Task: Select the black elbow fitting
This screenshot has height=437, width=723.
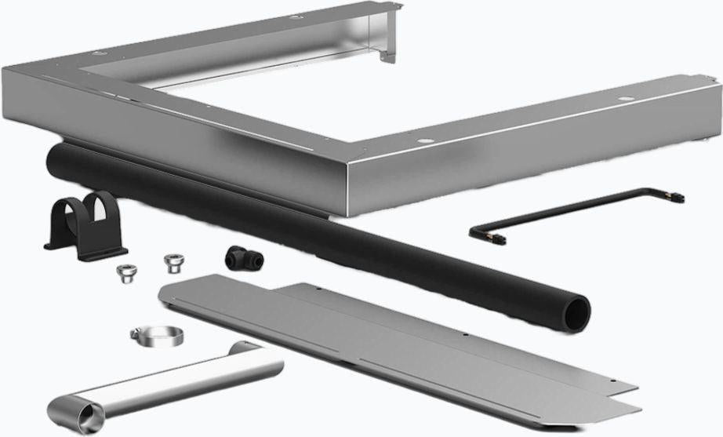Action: coord(238,257)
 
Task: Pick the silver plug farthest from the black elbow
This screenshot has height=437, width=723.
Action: coord(126,272)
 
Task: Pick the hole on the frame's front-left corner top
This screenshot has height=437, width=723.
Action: coord(96,54)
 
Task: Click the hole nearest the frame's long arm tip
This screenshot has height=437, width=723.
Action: coord(625,100)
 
